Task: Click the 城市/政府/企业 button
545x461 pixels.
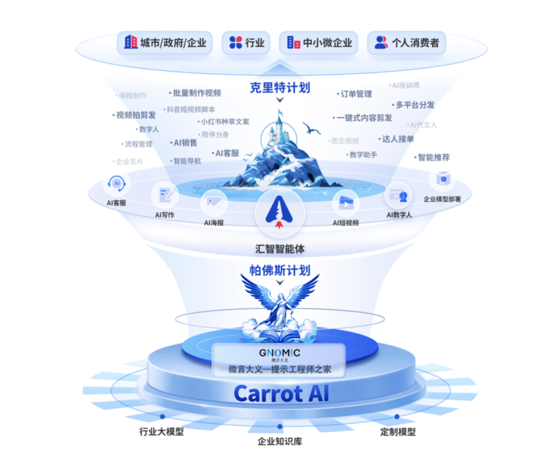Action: coord(165,43)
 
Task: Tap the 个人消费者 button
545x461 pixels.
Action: coord(406,43)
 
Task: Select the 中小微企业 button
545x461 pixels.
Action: coord(318,43)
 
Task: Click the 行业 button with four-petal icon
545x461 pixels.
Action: coord(246,43)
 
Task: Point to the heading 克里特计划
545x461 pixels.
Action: coord(280,88)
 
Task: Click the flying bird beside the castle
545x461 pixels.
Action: coord(311,128)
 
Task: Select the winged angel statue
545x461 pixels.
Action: coord(280,303)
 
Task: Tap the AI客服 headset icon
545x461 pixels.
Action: coord(117,184)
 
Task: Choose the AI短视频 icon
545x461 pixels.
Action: coord(346,204)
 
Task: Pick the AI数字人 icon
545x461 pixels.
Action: coord(399,197)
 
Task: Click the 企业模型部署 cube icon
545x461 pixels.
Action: coord(442,179)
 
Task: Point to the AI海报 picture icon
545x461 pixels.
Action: coord(213,204)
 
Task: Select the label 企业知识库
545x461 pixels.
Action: coord(280,442)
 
